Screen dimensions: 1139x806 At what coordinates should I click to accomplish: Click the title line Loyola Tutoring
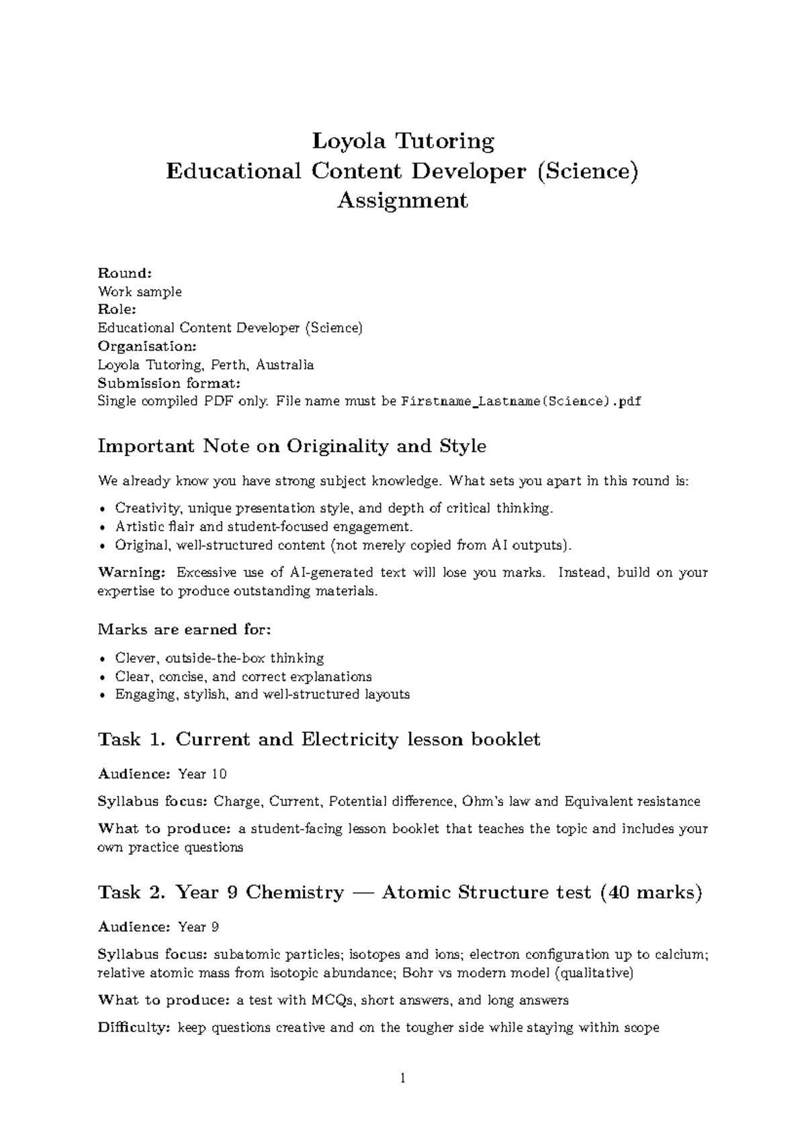pyautogui.click(x=403, y=142)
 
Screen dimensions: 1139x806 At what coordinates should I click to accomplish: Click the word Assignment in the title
pyautogui.click(x=402, y=200)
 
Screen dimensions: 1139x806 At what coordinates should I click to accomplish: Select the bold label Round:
pyautogui.click(x=125, y=273)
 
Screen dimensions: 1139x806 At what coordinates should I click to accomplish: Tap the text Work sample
pyautogui.click(x=140, y=291)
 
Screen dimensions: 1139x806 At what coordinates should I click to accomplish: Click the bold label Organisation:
pyautogui.click(x=147, y=347)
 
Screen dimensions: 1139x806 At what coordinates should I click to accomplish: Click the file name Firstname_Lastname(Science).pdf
pyautogui.click(x=521, y=402)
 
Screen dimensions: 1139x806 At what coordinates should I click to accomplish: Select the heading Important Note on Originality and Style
pyautogui.click(x=292, y=446)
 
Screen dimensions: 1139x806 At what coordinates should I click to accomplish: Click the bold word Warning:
pyautogui.click(x=132, y=573)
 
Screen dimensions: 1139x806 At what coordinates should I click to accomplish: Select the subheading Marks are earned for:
pyautogui.click(x=185, y=629)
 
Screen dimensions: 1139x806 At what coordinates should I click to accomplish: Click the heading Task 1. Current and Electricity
pyautogui.click(x=319, y=739)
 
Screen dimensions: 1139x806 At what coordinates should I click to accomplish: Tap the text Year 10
pyautogui.click(x=202, y=774)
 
